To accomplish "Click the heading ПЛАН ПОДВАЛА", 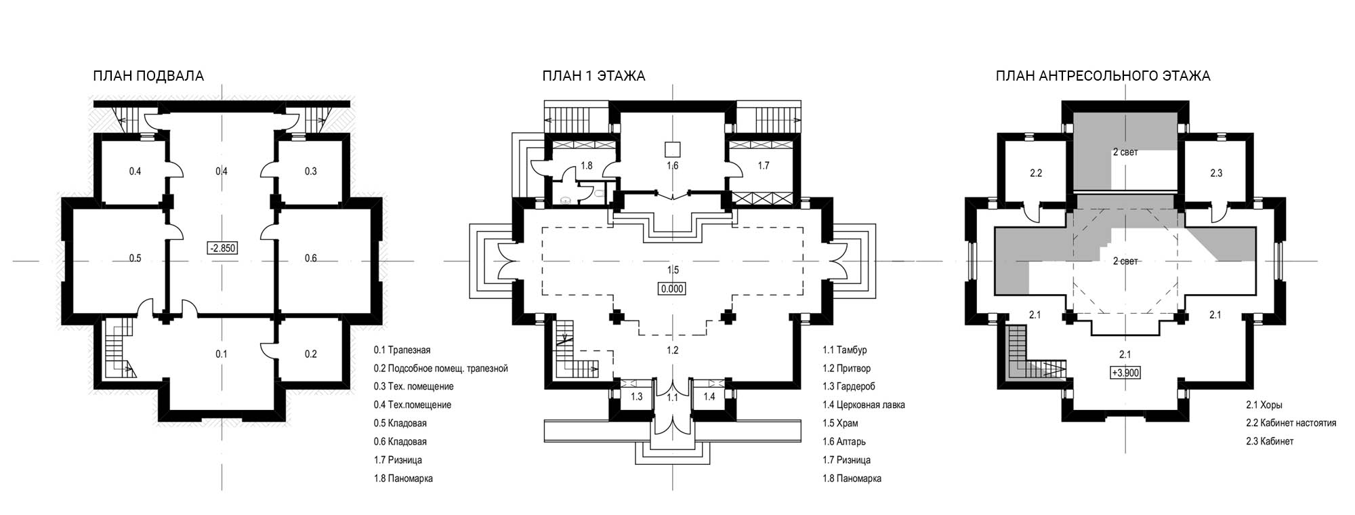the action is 148,76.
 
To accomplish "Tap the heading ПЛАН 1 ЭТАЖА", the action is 593,76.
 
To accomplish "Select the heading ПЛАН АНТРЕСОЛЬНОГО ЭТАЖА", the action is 1103,76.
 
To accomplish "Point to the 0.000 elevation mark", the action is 673,289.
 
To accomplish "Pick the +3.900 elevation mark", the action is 1125,373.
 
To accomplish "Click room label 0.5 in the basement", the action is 135,258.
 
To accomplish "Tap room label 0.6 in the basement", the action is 310,258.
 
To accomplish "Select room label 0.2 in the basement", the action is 310,354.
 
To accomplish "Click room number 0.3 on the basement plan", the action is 310,171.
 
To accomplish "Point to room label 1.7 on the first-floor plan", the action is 763,165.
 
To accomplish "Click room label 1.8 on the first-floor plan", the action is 587,165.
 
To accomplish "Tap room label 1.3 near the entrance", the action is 636,397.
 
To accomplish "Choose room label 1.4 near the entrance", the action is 709,397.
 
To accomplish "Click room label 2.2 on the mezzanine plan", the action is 1035,173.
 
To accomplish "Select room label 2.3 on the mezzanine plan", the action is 1216,173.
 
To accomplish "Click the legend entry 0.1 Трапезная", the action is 402,350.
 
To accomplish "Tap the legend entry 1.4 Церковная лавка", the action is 864,405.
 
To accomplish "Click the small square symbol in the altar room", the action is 673,149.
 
